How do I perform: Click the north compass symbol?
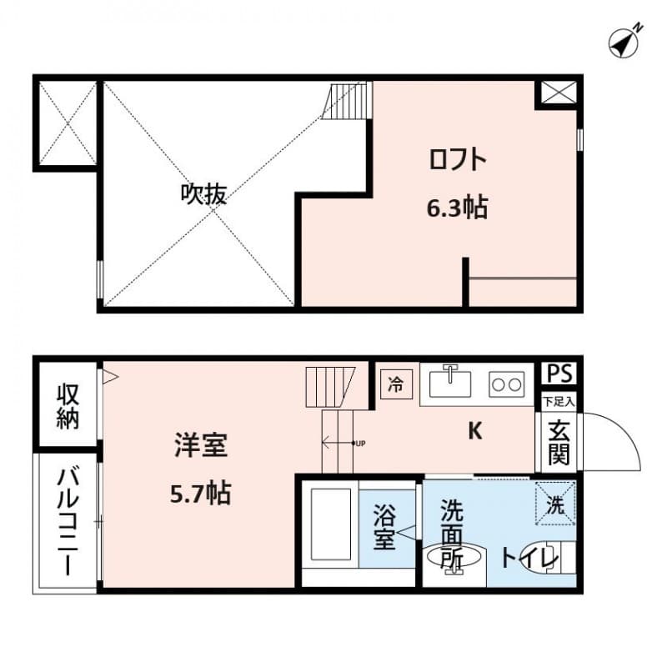tap(623, 42)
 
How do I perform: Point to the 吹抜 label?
tap(203, 194)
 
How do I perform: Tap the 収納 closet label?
tap(67, 406)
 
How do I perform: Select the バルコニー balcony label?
tap(67, 524)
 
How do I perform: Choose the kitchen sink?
tap(450, 383)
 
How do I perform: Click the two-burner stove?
tap(506, 384)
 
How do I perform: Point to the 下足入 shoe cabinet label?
tap(558, 401)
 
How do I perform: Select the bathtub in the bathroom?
tap(331, 526)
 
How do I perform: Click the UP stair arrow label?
tap(359, 443)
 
